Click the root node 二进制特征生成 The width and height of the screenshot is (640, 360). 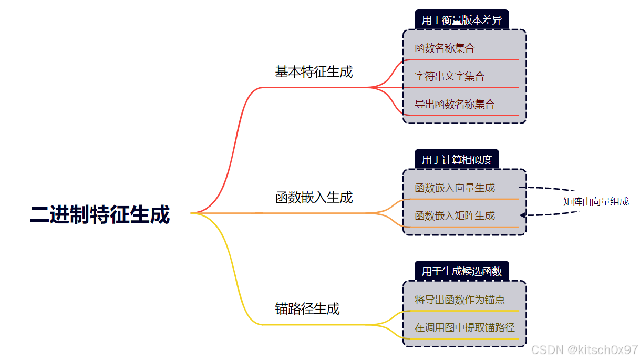[100, 215]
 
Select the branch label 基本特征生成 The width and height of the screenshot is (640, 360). [314, 72]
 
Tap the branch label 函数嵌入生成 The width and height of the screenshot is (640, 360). [314, 198]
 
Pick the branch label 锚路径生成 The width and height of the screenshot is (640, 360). [307, 308]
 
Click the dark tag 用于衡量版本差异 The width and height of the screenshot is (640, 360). [461, 20]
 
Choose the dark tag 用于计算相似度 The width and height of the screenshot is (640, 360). [456, 160]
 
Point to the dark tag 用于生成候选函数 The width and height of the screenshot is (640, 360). [461, 271]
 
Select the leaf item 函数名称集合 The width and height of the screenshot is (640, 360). [444, 48]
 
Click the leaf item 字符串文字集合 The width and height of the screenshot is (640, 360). [449, 76]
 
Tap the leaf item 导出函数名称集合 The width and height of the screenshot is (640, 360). [455, 104]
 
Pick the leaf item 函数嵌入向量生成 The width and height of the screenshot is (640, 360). [455, 188]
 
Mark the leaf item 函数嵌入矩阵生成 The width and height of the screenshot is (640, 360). [455, 215]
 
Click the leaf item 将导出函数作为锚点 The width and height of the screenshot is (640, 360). [460, 300]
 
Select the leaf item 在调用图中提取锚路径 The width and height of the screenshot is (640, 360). [464, 327]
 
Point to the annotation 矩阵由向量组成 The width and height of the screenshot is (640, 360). [596, 202]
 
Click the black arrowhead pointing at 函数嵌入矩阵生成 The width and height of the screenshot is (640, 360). [522, 215]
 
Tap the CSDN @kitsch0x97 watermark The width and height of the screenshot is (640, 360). [584, 349]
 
